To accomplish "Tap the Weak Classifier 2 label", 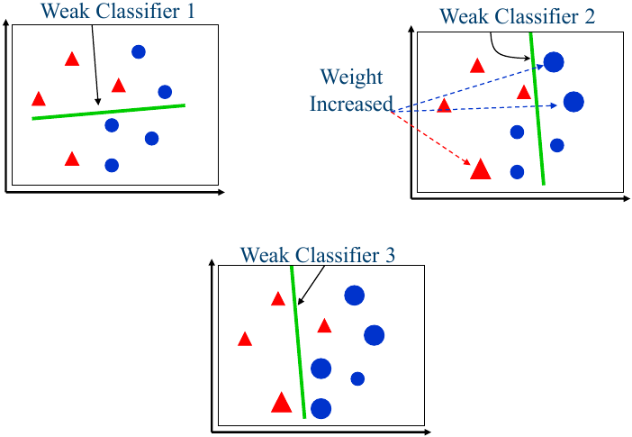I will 517,16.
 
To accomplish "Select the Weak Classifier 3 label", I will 318,254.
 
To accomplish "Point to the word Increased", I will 351,104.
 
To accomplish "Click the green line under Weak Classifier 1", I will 108,112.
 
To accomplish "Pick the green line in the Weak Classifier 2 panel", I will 537,108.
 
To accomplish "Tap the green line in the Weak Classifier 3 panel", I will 298,342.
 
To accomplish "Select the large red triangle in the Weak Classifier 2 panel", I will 481,168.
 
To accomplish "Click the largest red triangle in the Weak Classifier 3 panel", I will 281,402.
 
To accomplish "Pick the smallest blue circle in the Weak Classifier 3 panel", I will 357,378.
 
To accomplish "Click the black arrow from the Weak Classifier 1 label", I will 94,63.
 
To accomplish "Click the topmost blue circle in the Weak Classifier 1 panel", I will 139,51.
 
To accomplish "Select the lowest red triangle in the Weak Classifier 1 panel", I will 72,159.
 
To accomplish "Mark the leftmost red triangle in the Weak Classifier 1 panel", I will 39,99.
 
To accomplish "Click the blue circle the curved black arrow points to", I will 554,62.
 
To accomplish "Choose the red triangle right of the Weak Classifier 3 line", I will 324,325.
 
